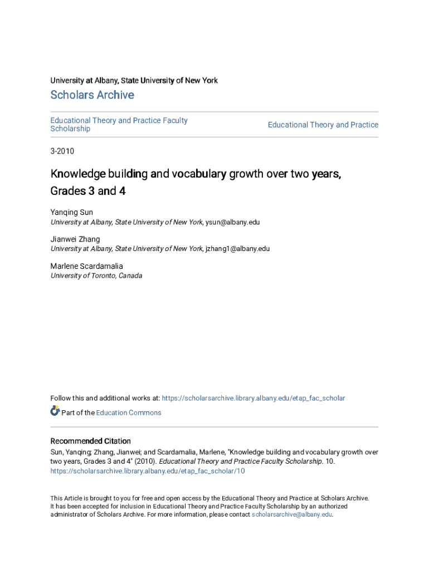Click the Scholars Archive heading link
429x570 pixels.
92,95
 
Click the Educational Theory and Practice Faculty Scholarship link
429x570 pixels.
119,124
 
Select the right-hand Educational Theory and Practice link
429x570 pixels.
323,125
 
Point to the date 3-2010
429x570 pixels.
62,151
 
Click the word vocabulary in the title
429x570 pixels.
199,174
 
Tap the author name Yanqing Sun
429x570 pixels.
72,212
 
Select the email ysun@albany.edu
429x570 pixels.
232,222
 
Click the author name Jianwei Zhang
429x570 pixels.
75,239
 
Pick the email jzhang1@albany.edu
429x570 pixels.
237,249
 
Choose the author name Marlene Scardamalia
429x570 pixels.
87,266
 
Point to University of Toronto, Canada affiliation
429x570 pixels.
96,276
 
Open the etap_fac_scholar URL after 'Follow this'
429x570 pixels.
253,398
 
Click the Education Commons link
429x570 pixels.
129,412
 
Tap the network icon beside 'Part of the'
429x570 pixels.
55,411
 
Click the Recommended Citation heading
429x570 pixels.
91,441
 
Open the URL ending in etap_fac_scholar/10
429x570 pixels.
148,471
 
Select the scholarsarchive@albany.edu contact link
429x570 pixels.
291,514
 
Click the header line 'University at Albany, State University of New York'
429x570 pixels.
134,81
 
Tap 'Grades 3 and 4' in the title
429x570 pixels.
87,191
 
